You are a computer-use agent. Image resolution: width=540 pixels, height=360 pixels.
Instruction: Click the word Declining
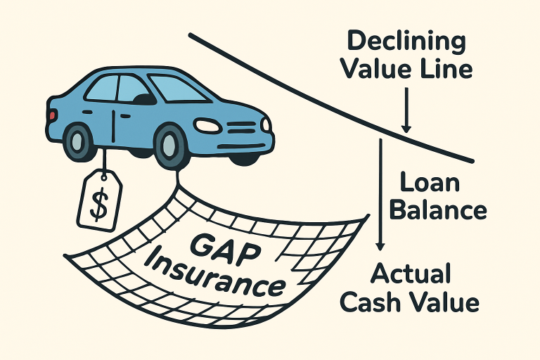click(x=406, y=41)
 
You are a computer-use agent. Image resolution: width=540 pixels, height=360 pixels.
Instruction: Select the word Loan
click(x=430, y=182)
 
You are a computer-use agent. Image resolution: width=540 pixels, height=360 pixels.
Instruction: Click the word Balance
click(x=437, y=210)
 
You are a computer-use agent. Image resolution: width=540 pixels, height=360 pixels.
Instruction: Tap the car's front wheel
click(x=169, y=146)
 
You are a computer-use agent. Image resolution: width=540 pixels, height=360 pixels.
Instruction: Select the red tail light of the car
click(x=51, y=115)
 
